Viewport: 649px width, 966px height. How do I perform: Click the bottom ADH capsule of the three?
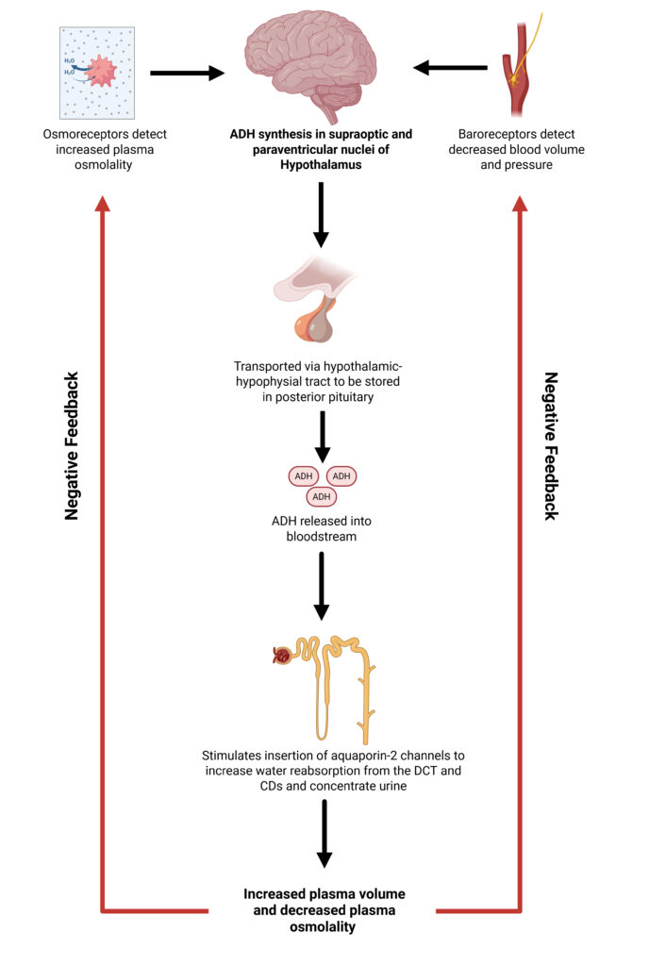(x=322, y=496)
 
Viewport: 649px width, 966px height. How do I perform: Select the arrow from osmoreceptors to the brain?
(x=186, y=72)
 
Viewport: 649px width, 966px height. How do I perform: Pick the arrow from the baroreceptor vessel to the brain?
(x=452, y=67)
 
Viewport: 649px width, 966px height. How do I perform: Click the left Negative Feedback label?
(x=72, y=445)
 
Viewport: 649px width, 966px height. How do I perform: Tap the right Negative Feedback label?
(x=551, y=445)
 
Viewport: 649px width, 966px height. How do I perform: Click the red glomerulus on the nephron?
(x=281, y=653)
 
